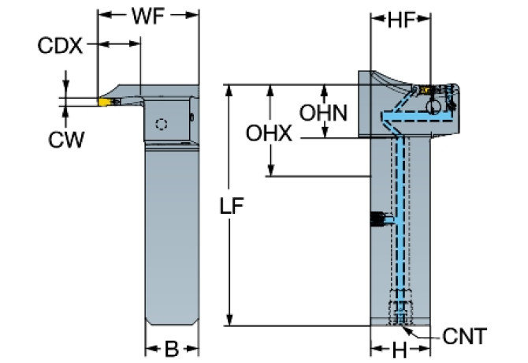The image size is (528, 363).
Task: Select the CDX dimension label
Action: point(60,45)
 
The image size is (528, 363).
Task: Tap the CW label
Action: point(66,140)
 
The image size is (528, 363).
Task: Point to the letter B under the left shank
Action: point(170,347)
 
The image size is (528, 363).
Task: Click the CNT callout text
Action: point(465,337)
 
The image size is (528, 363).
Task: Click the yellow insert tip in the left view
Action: point(105,101)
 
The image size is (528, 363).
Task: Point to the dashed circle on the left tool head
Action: point(162,124)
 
